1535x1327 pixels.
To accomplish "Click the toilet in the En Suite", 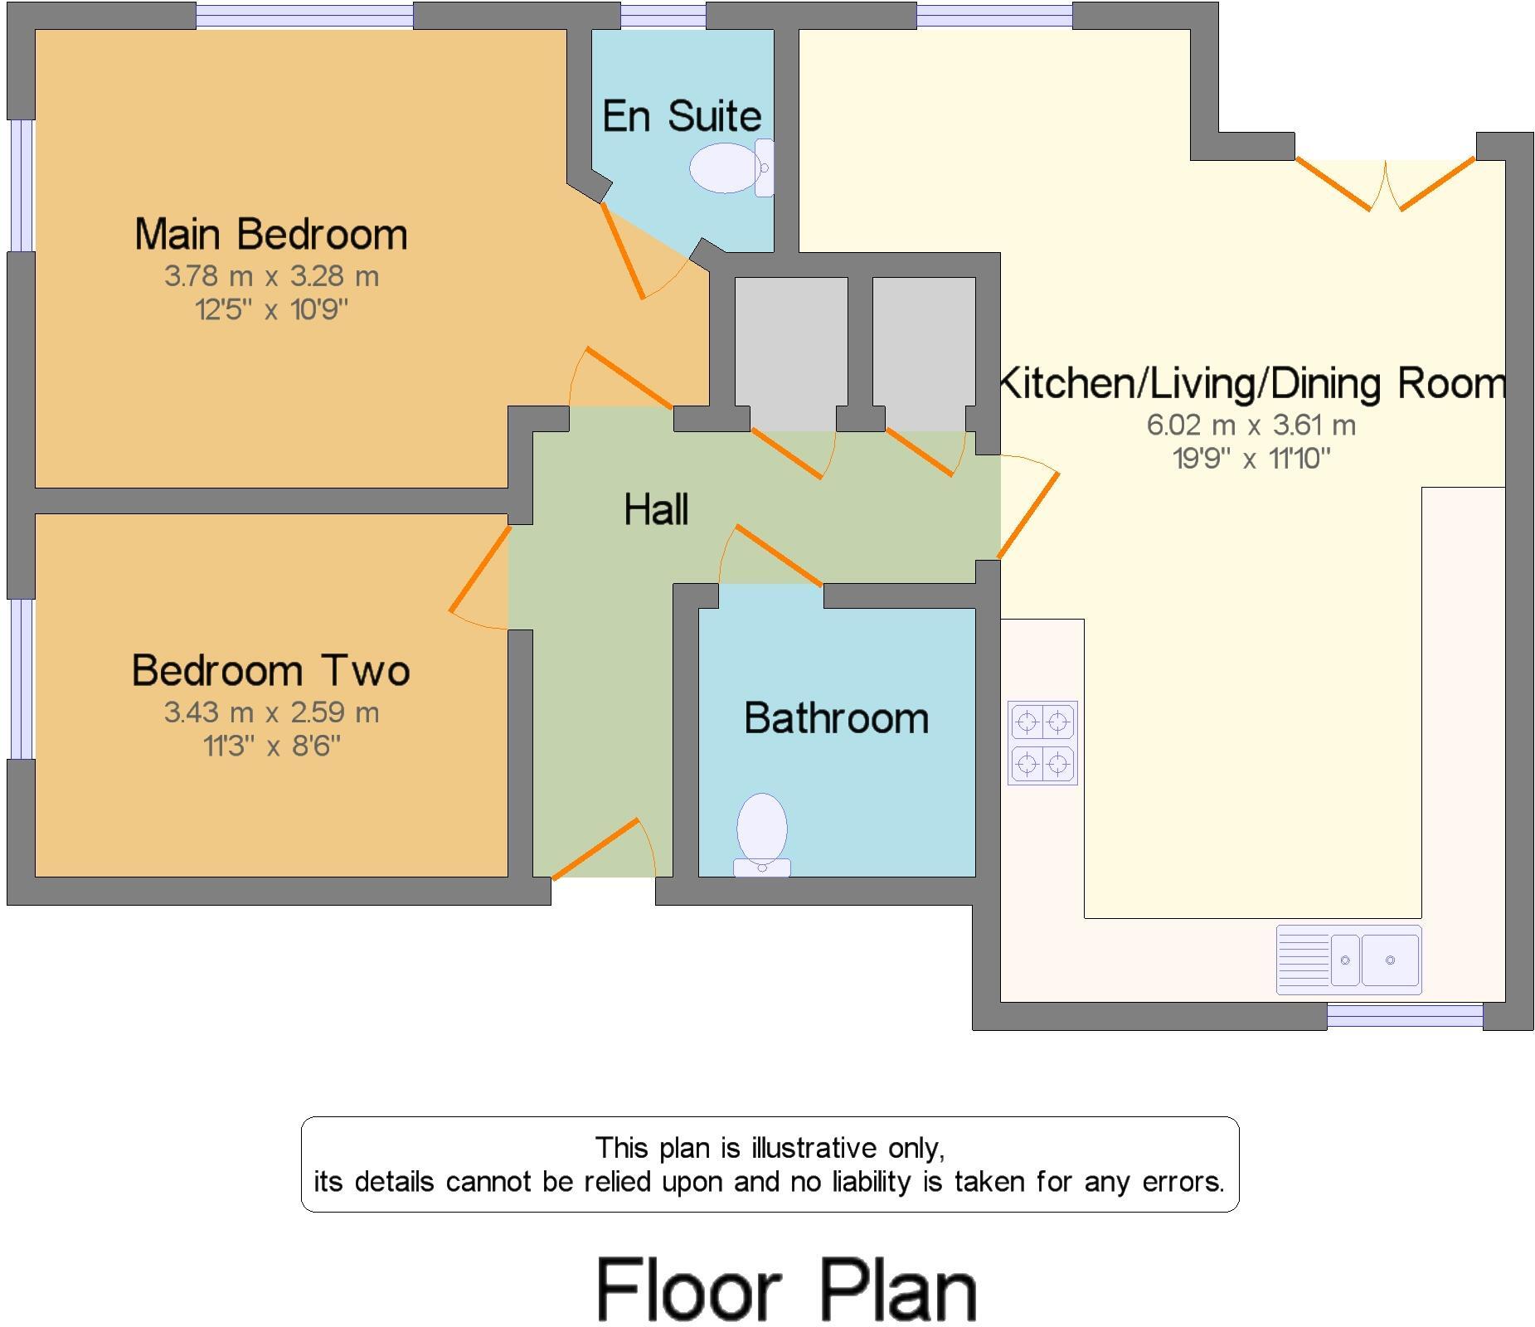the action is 731,168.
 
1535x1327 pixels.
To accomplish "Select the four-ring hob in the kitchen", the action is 1042,742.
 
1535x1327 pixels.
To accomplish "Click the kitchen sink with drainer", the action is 1348,960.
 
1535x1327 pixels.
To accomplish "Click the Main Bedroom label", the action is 271,234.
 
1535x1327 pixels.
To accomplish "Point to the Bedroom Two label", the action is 271,670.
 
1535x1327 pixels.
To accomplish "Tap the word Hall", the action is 656,509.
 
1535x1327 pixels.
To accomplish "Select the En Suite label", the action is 682,115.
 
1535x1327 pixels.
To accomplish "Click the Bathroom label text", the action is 836,717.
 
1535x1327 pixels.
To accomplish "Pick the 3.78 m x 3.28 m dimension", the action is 271,276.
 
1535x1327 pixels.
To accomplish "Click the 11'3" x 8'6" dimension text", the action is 271,746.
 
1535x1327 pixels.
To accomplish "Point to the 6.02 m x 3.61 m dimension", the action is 1251,425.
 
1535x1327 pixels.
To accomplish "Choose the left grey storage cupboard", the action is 791,354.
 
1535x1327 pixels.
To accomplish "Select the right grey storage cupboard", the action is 924,354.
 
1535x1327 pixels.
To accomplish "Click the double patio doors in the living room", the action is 1386,184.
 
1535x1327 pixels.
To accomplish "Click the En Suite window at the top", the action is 663,15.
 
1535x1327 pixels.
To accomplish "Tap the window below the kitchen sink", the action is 1405,1016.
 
